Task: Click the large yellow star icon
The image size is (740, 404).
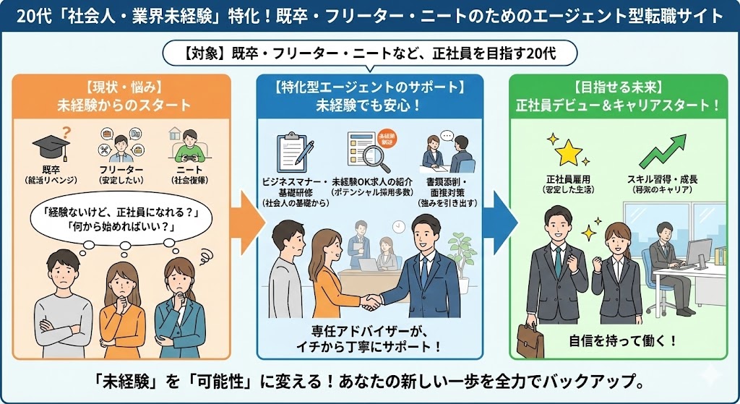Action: click(x=569, y=152)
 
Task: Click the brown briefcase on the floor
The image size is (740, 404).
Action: click(x=530, y=340)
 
